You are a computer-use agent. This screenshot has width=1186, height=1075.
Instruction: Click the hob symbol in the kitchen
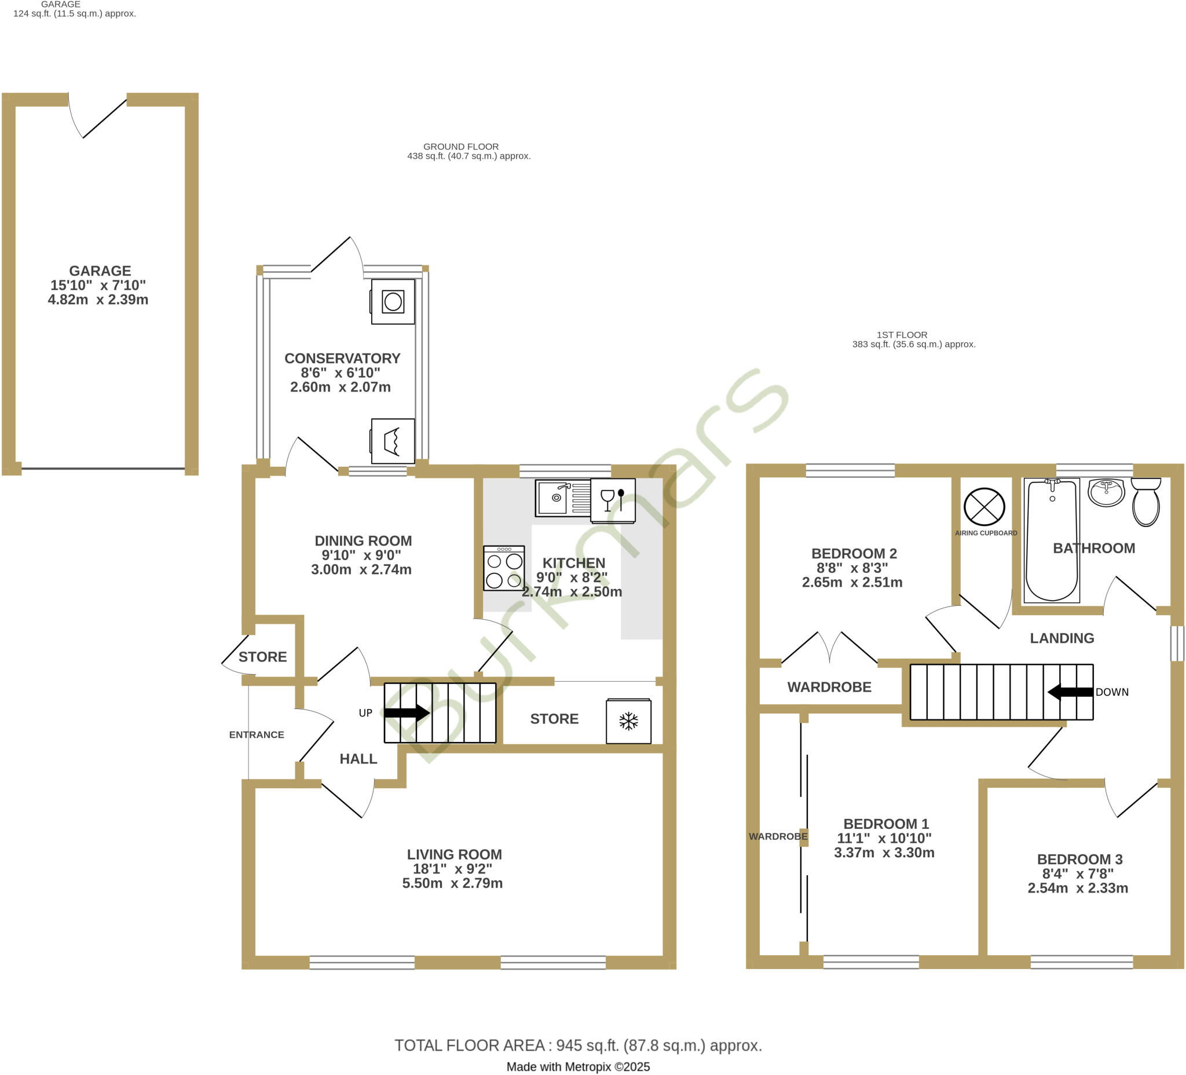point(504,568)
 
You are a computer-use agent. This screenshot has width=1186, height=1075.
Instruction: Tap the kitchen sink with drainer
point(562,498)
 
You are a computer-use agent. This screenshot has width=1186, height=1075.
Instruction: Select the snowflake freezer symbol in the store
point(628,721)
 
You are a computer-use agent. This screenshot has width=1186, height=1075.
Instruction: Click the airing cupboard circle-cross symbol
point(984,507)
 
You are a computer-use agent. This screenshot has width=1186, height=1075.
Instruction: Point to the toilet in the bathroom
point(1145,502)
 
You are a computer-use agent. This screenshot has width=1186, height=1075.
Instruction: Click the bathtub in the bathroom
point(1051,540)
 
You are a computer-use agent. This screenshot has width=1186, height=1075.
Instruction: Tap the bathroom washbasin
point(1106,492)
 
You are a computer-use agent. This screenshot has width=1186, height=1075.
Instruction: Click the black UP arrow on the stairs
point(407,712)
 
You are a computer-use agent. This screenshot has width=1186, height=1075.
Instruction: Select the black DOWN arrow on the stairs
point(1070,692)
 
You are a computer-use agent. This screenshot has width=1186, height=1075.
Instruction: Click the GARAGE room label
point(100,270)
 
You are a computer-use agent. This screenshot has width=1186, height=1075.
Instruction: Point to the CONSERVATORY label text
point(342,359)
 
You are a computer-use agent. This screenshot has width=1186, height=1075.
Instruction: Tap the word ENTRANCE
point(257,734)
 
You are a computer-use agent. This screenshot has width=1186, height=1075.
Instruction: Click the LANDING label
point(1062,638)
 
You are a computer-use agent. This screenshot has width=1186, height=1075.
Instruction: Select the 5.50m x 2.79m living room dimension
point(452,883)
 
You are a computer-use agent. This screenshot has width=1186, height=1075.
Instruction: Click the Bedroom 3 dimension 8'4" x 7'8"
point(1078,874)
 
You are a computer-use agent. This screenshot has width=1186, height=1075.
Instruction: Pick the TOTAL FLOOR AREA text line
point(578,1045)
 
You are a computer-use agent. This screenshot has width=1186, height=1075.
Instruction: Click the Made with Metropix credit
point(578,1067)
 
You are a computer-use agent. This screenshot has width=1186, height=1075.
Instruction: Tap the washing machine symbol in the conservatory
point(393,302)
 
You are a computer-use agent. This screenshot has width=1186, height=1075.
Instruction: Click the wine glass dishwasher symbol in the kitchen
point(613,501)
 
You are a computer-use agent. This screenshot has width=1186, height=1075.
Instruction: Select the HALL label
point(358,759)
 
